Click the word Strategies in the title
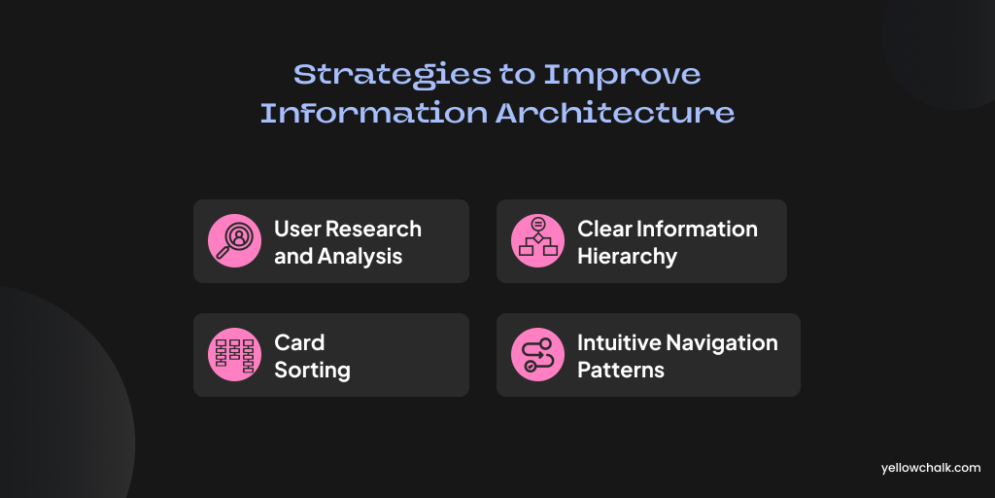(392, 76)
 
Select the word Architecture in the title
(615, 113)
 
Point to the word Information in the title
(374, 113)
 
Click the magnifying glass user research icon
(234, 241)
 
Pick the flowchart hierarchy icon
(537, 241)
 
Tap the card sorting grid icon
(234, 354)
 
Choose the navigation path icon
(537, 354)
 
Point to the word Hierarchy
(627, 257)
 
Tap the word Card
(299, 343)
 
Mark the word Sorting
(312, 371)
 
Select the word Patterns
(621, 371)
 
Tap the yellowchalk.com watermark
(931, 468)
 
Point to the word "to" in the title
(516, 76)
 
